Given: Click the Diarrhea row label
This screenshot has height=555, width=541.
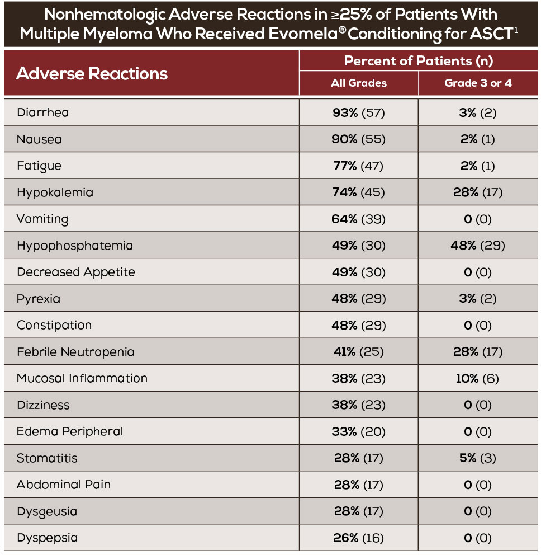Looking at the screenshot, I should pyautogui.click(x=43, y=112).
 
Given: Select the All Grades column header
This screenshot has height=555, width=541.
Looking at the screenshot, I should pyautogui.click(x=359, y=83).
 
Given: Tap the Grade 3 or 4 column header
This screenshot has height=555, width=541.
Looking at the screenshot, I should pyautogui.click(x=478, y=83).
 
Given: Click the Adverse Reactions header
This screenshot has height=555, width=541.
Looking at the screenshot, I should pyautogui.click(x=92, y=73).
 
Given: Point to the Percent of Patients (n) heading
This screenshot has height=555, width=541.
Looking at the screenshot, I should pyautogui.click(x=419, y=60).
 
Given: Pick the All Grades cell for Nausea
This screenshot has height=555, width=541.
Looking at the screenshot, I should pyautogui.click(x=359, y=139).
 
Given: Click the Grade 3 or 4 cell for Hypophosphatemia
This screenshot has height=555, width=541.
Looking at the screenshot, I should pyautogui.click(x=478, y=246).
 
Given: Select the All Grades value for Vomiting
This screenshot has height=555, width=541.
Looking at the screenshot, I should pyautogui.click(x=359, y=219).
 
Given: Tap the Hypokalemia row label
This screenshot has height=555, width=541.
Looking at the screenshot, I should pyautogui.click(x=55, y=192).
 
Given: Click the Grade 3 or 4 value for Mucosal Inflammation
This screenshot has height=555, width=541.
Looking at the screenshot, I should pyautogui.click(x=478, y=378).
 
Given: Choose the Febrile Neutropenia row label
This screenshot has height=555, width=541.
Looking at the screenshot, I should pyautogui.click(x=75, y=352).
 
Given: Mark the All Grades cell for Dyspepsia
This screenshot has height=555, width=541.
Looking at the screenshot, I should pyautogui.click(x=359, y=538).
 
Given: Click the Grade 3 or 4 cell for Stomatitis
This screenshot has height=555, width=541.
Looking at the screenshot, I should pyautogui.click(x=478, y=458).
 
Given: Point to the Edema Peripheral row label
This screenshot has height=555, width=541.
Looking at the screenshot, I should pyautogui.click(x=70, y=431).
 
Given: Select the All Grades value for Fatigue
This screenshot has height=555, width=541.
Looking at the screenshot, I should pyautogui.click(x=359, y=166).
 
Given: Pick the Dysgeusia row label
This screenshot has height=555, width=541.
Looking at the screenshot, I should pyautogui.click(x=47, y=511).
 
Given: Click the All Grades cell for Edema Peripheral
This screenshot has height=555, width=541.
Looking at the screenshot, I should pyautogui.click(x=359, y=431).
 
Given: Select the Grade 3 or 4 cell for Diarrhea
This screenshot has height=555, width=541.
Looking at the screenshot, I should pyautogui.click(x=478, y=112).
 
